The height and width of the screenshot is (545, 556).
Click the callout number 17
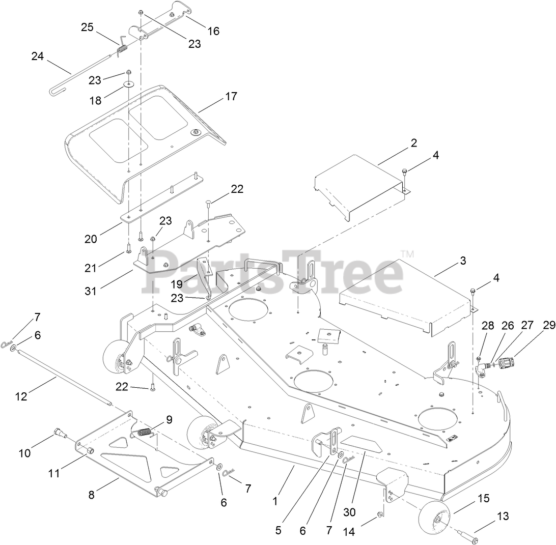[231, 96]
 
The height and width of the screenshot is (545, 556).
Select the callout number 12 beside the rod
[21, 396]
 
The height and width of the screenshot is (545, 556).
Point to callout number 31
[91, 292]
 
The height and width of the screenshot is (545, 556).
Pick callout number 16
[213, 31]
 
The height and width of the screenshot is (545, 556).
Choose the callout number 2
[413, 143]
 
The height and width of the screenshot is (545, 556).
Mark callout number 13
[503, 517]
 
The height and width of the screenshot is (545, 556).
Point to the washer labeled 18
[128, 83]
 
